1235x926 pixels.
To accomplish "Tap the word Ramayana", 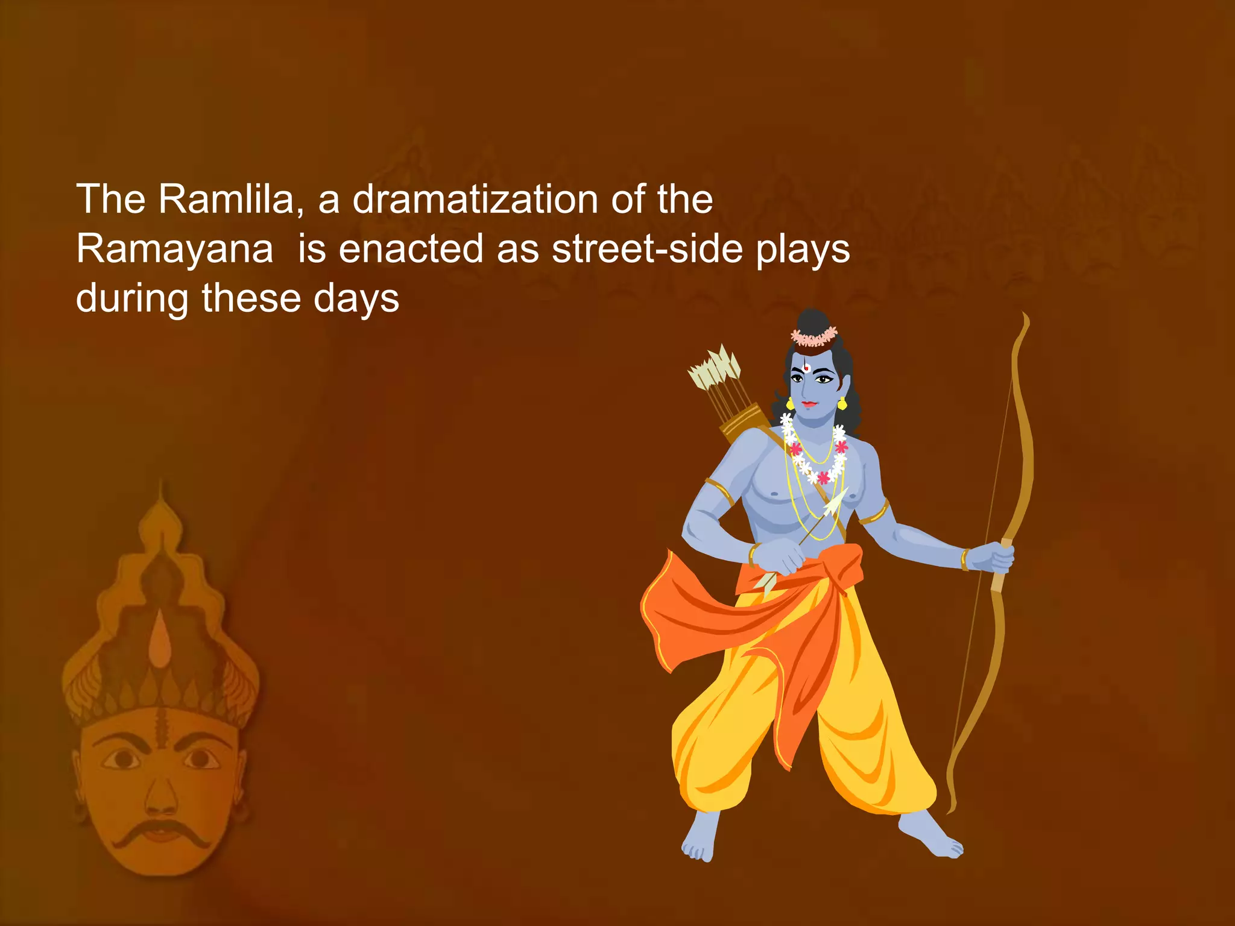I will pyautogui.click(x=175, y=248).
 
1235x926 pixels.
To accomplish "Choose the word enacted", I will pyautogui.click(x=411, y=248).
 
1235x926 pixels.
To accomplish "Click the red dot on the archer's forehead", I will pyautogui.click(x=806, y=368).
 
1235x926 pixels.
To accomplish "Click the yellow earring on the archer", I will pyautogui.click(x=842, y=403).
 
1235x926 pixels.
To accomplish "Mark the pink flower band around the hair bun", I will pyautogui.click(x=815, y=336).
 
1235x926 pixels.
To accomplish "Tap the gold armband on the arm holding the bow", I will pyautogui.click(x=875, y=512).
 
